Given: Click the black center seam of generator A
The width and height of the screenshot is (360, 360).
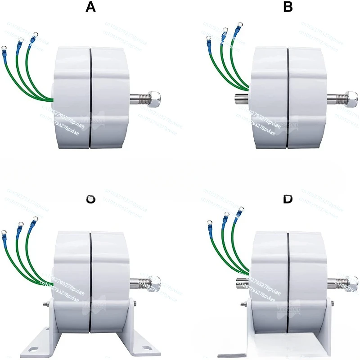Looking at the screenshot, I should [90, 97].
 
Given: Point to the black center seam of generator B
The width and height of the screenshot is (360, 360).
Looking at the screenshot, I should [288, 97].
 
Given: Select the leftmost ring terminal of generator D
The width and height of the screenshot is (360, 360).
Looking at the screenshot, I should [209, 221].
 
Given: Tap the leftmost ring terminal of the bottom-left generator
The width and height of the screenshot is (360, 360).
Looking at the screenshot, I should [4, 232].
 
